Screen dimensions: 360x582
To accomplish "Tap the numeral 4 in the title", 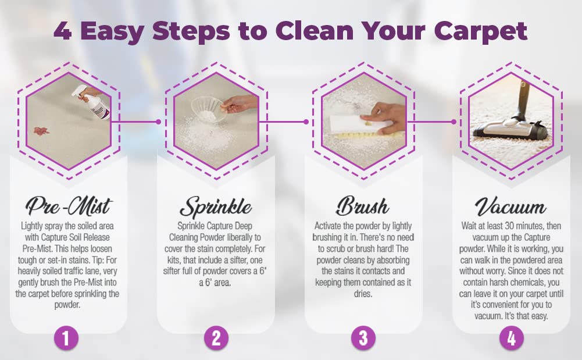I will (63, 30).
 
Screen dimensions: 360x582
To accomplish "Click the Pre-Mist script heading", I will (69, 206).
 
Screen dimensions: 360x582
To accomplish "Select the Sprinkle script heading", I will (216, 206).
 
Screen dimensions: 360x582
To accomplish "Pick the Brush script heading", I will (363, 206).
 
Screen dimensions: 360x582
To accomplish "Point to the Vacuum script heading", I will (510, 207).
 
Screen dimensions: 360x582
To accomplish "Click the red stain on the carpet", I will (42, 130).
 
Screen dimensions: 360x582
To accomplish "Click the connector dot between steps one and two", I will (158, 122).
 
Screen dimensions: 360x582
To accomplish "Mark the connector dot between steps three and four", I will (454, 122).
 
